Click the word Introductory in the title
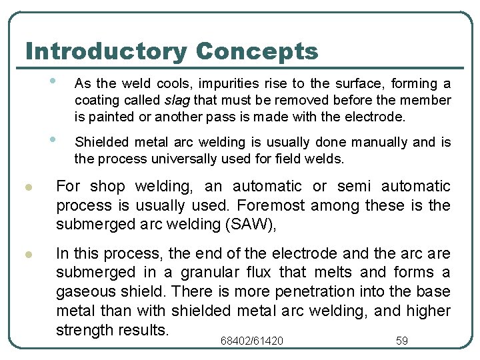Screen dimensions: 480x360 (107, 51)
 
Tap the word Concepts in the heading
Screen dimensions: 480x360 (258, 51)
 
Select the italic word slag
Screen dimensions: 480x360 (176, 100)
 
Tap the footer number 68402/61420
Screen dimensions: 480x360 (251, 341)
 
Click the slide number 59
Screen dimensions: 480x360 (402, 341)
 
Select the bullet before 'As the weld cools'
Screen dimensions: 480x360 (52, 81)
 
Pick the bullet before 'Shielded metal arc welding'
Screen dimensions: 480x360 (52, 139)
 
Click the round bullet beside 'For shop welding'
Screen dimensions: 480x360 (29, 187)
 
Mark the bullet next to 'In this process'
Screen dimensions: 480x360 (29, 255)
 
